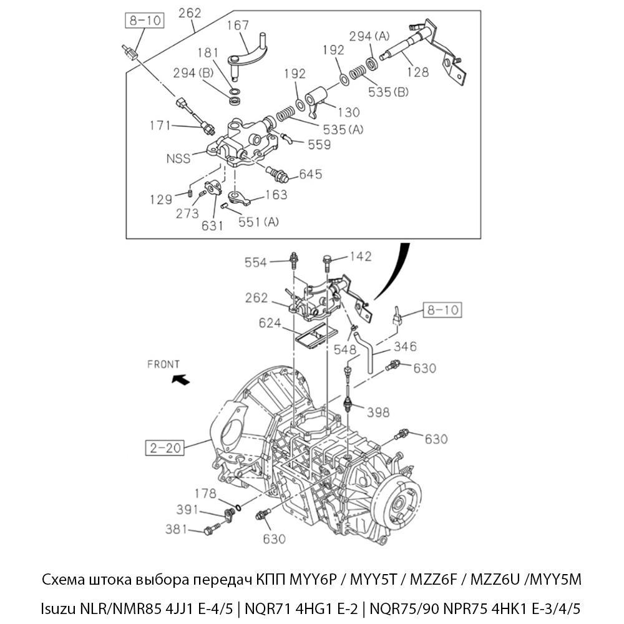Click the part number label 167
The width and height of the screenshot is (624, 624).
click(238, 26)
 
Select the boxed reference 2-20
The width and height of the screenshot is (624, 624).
click(165, 447)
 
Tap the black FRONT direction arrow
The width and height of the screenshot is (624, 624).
click(181, 378)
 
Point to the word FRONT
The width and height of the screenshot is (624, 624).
click(163, 364)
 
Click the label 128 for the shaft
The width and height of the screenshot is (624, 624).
click(417, 72)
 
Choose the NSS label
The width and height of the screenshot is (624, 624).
click(178, 158)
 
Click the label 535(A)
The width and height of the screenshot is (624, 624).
click(343, 130)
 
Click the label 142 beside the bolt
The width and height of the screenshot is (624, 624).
click(360, 256)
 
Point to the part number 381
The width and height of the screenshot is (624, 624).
click(177, 529)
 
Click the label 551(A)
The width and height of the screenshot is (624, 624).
click(259, 222)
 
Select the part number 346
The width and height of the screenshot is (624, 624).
click(404, 347)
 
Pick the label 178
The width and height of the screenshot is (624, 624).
click(205, 494)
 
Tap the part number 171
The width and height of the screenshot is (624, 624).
click(160, 125)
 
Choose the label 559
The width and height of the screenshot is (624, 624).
click(319, 144)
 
